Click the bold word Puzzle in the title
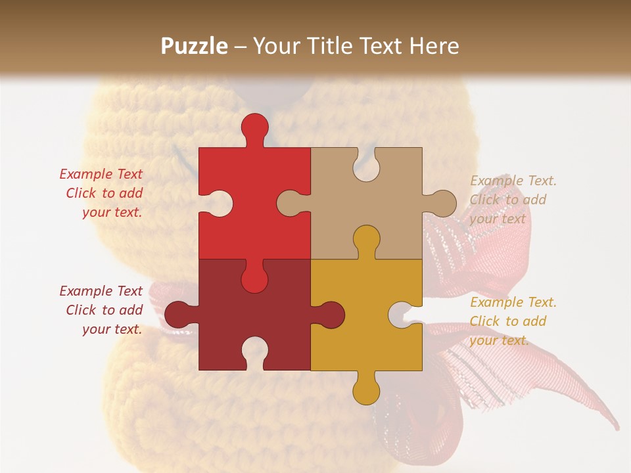point(195,46)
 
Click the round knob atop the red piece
point(255,127)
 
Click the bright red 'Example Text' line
point(101,174)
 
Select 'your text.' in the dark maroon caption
point(112,329)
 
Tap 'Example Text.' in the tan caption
point(513,181)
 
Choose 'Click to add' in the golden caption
point(507,321)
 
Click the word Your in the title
point(276,46)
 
